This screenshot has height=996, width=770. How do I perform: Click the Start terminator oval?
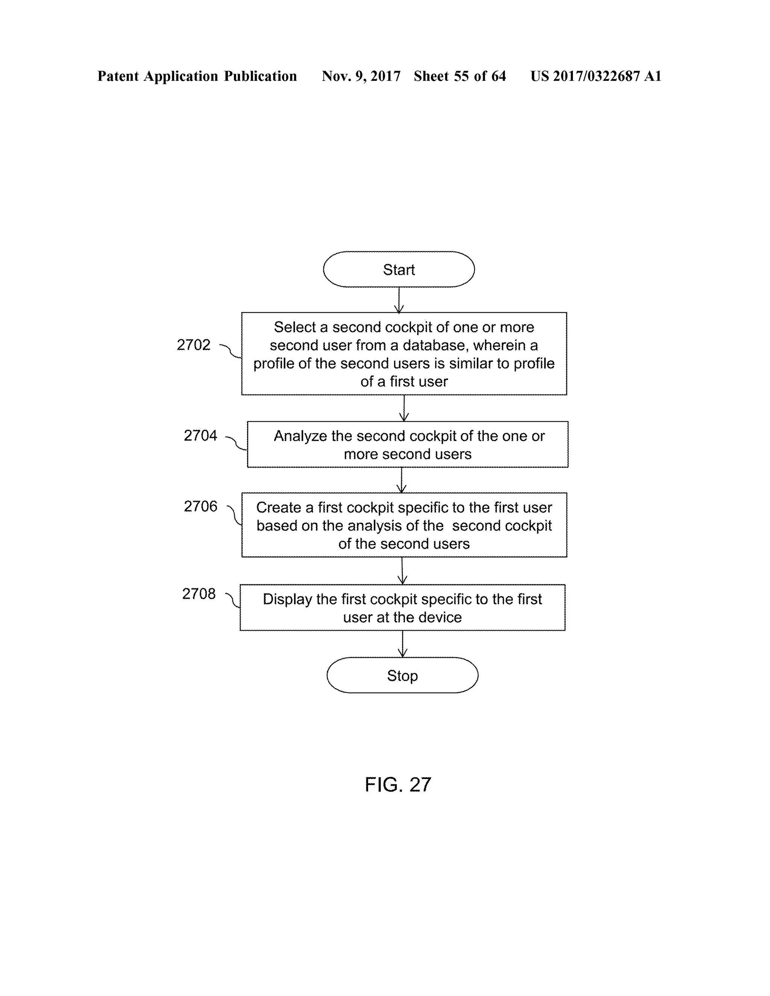click(399, 269)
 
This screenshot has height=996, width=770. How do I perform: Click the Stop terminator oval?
click(402, 675)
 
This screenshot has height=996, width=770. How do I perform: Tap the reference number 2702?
click(193, 345)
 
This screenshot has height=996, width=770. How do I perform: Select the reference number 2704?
click(200, 436)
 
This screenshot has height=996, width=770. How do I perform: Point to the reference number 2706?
click(200, 506)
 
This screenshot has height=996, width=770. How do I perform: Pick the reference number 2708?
click(199, 594)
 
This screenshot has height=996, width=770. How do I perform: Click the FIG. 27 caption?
click(398, 784)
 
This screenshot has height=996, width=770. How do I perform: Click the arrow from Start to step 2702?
click(399, 300)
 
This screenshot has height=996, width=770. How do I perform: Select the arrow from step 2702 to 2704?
click(404, 408)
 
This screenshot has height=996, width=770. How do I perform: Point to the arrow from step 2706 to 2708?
click(402, 571)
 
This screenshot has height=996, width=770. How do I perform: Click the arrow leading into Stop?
click(402, 643)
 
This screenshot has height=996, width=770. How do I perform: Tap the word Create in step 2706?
click(278, 507)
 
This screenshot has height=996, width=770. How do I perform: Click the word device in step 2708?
click(440, 618)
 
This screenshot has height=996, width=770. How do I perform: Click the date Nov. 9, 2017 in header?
click(361, 76)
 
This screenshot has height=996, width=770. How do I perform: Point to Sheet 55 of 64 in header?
click(459, 76)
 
